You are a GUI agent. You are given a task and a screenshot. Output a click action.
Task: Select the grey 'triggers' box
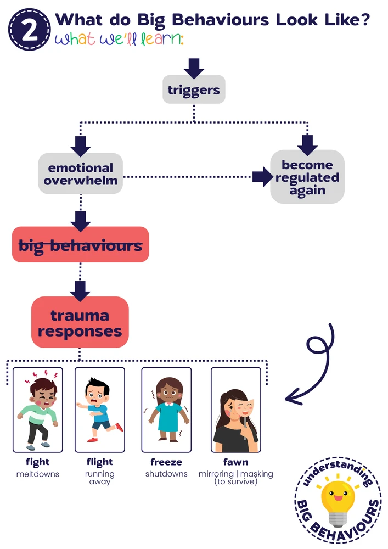pos(194,89)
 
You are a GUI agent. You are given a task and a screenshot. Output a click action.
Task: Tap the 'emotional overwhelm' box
pos(80,174)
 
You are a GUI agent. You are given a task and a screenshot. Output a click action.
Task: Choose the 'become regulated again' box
pos(307,177)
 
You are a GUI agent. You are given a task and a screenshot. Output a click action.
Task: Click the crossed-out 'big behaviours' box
pos(80,245)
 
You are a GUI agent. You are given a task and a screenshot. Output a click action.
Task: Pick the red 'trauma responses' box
pos(80,323)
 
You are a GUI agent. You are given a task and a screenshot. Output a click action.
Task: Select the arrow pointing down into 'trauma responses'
pos(80,289)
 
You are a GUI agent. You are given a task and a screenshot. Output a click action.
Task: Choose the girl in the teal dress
pos(166,409)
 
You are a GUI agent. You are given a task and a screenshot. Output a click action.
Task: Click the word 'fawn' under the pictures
pos(235,462)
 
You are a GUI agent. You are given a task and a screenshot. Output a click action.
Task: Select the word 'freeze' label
pos(166,462)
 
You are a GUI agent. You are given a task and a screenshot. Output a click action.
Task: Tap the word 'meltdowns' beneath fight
pos(37,474)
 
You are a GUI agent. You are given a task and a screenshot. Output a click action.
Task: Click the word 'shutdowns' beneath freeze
pos(166,474)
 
